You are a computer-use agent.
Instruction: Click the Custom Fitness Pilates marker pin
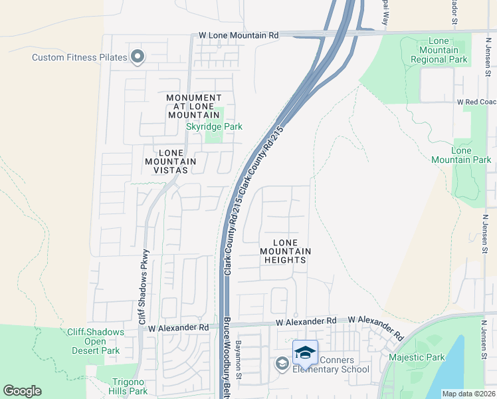[x=138, y=57]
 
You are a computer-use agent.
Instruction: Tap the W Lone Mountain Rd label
[x=239, y=35]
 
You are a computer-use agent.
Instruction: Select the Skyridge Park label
[x=214, y=126]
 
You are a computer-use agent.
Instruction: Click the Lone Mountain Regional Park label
[x=439, y=51]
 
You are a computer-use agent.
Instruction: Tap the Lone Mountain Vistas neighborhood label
[x=170, y=161]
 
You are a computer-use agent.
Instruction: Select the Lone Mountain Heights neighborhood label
[x=284, y=251]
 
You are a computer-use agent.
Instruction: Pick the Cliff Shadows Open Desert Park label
[x=96, y=341]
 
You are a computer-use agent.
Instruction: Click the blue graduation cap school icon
[x=305, y=352]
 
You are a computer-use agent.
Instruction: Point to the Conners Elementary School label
[x=331, y=365]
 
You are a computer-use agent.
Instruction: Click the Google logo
[x=22, y=391]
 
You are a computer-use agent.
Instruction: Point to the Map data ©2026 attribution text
[x=468, y=394]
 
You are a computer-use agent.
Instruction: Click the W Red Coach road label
[x=476, y=102]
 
